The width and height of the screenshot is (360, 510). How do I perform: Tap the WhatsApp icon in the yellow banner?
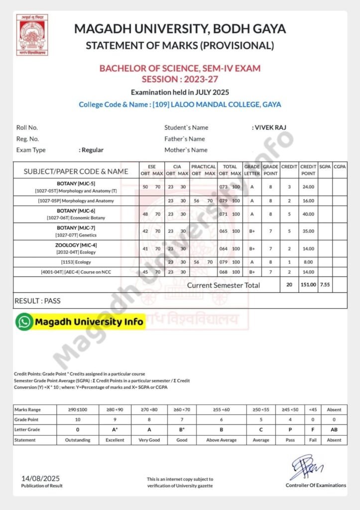(23, 322)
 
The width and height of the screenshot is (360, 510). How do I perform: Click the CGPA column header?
(340, 166)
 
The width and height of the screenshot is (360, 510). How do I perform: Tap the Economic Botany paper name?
(77, 218)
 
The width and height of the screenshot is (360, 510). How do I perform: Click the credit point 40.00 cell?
(308, 214)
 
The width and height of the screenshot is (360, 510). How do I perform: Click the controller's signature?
(306, 468)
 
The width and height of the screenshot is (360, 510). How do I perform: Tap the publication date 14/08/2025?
(42, 478)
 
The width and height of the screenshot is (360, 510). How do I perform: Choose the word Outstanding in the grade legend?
(77, 440)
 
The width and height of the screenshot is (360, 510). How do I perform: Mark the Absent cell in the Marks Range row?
(334, 409)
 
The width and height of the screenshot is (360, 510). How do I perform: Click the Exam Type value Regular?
(91, 150)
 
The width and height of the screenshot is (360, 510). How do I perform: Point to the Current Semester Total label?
(224, 285)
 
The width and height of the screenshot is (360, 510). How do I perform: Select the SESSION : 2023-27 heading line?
(180, 79)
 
